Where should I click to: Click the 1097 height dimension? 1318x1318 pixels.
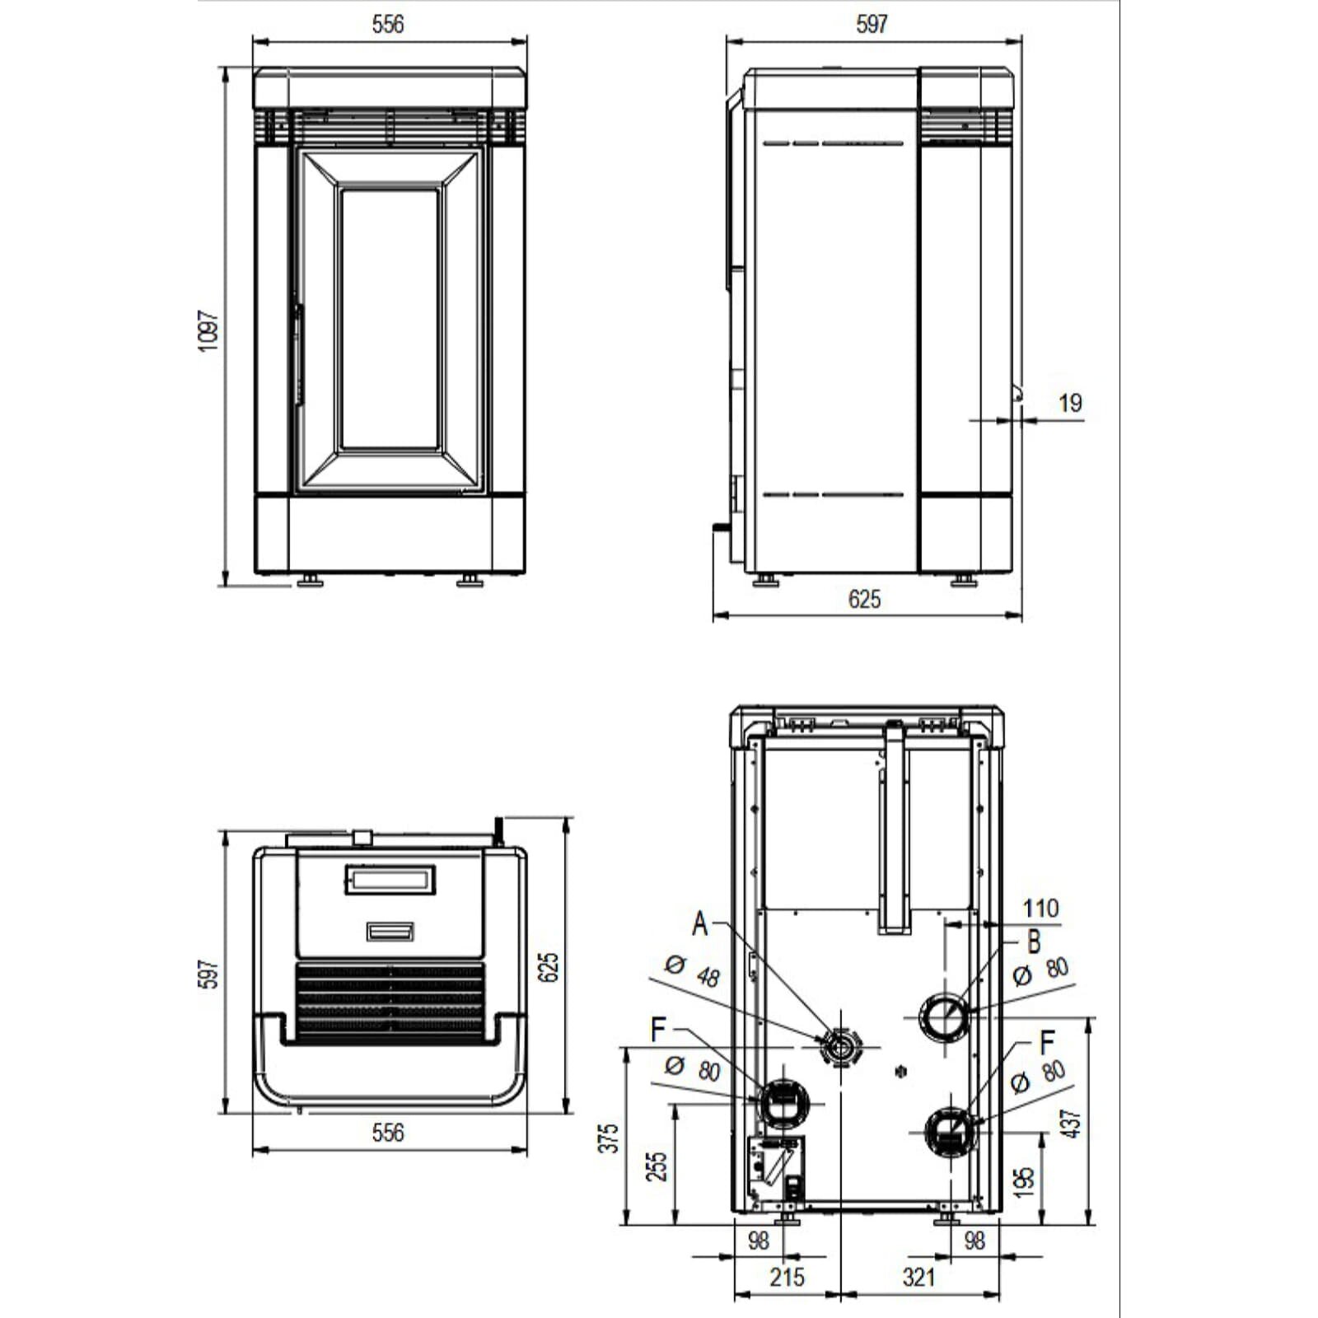(x=209, y=330)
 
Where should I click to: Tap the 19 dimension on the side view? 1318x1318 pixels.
(x=1070, y=403)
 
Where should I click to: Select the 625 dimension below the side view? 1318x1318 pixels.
(x=864, y=599)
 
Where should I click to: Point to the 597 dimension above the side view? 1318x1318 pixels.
(x=872, y=24)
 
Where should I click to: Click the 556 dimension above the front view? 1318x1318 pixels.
(x=388, y=24)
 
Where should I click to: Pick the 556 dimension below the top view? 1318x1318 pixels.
(x=388, y=1133)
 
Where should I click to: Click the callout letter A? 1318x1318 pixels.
(x=699, y=923)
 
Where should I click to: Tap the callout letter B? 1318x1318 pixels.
(x=1034, y=942)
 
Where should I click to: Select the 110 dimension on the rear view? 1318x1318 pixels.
(x=1040, y=908)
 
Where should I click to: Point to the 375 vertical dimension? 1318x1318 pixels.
(x=608, y=1138)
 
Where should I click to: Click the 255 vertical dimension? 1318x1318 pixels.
(x=657, y=1166)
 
